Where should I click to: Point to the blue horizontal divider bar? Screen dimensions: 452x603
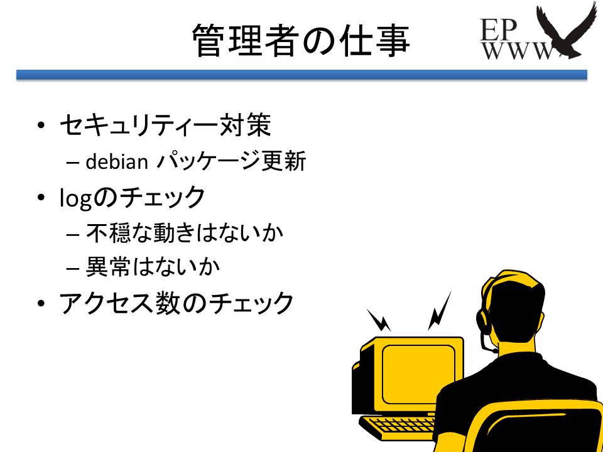(x=301, y=75)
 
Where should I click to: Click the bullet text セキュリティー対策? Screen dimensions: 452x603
(x=165, y=126)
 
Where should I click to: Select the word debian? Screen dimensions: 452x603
(x=116, y=162)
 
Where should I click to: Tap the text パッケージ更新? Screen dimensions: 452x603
(x=231, y=162)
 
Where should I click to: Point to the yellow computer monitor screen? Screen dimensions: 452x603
(x=418, y=374)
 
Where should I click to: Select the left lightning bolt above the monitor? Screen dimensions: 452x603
(x=379, y=320)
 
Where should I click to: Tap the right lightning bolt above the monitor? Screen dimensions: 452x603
(x=439, y=310)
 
